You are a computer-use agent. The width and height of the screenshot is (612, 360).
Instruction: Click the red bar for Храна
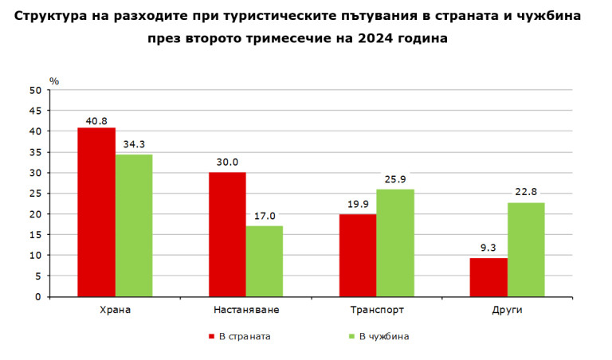coord(96,212)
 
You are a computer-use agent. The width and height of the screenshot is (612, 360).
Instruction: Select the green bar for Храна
coord(134,225)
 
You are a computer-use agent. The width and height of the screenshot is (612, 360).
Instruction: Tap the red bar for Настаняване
coord(227,234)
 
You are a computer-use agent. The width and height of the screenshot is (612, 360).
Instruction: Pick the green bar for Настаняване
coord(265,261)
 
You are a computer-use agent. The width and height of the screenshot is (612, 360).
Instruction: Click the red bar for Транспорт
coord(358,255)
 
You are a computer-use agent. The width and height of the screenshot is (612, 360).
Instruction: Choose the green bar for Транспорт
coord(395,243)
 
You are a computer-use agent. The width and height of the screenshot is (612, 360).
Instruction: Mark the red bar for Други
coord(488,277)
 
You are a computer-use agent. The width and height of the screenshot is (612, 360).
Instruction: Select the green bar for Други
coord(526,249)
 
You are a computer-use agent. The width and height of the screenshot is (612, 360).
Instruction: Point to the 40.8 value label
coord(96,121)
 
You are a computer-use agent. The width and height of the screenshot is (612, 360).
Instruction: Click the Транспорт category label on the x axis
coord(376,310)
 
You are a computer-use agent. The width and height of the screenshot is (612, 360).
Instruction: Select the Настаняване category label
coord(246,310)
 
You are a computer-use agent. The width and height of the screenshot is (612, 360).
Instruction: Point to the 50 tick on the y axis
coord(35,90)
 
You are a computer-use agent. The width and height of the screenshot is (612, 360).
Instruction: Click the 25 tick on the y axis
coord(35,194)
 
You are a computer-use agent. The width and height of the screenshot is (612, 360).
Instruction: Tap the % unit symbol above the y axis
coord(54,81)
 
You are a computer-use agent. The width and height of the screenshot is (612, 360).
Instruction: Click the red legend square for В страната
coord(211,337)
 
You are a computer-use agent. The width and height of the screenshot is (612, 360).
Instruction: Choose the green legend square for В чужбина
coord(351,337)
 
